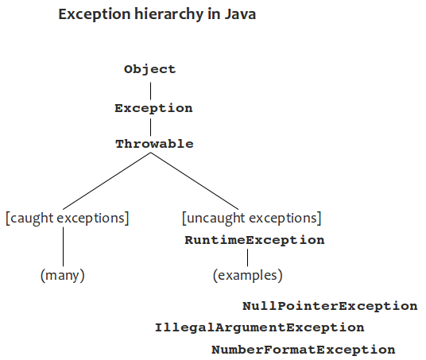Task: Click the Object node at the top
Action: point(150,69)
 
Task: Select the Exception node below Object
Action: point(153,108)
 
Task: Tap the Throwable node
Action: point(155,144)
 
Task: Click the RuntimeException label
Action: point(254,240)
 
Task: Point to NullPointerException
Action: point(330,306)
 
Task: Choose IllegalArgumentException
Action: point(259,327)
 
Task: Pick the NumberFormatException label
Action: point(304,350)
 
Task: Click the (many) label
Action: point(63,275)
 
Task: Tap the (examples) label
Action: point(248,275)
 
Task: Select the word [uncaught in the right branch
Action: point(214,219)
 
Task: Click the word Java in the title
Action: point(240,14)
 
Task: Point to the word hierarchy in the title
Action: point(168,14)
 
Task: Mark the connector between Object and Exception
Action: point(150,91)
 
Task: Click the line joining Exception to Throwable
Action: point(150,127)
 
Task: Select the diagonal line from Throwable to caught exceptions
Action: point(106,181)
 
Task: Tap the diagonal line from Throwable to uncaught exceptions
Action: point(195,181)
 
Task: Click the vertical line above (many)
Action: point(64,246)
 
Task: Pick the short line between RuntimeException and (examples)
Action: point(247,257)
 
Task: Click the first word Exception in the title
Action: point(95,14)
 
